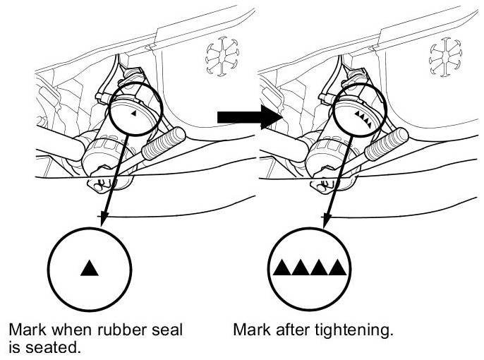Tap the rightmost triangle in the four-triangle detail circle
tap(339, 268)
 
